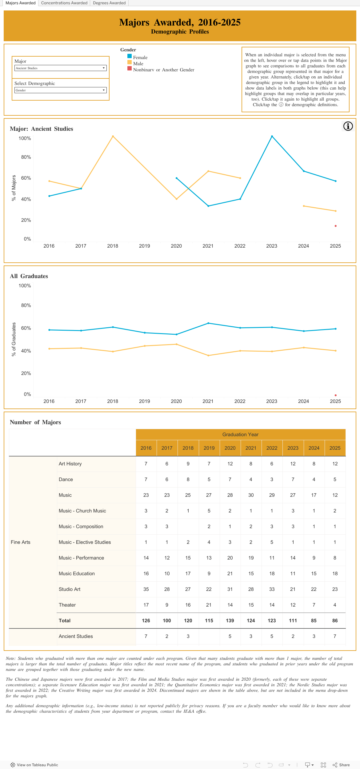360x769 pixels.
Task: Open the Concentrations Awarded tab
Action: pyautogui.click(x=64, y=3)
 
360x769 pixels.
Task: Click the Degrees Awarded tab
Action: pyautogui.click(x=109, y=3)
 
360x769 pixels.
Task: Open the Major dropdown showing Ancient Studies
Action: pyautogui.click(x=60, y=68)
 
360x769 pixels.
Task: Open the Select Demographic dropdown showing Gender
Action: pyautogui.click(x=60, y=90)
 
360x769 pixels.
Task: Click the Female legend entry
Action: pyautogui.click(x=140, y=58)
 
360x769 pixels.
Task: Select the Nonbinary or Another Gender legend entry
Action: pyautogui.click(x=163, y=70)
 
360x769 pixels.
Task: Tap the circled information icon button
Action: pyautogui.click(x=348, y=126)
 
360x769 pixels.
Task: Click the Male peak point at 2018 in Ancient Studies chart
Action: pyautogui.click(x=113, y=136)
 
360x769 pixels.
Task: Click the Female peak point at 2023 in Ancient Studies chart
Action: pyautogui.click(x=272, y=136)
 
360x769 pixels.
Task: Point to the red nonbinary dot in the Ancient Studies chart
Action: pyautogui.click(x=336, y=226)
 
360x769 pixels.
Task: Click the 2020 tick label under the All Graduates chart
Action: pyautogui.click(x=176, y=401)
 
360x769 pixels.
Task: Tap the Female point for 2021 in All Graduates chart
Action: pyautogui.click(x=208, y=323)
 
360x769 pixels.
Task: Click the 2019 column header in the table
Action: pyautogui.click(x=209, y=448)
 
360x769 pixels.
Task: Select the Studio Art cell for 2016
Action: pyautogui.click(x=146, y=589)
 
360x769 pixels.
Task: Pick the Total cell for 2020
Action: pyautogui.click(x=230, y=620)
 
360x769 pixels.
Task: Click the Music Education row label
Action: pyautogui.click(x=77, y=573)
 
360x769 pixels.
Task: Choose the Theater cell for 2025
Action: pyautogui.click(x=335, y=605)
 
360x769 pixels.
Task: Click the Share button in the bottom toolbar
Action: pyautogui.click(x=341, y=765)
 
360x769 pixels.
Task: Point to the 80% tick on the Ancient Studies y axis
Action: pyautogui.click(x=26, y=157)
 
